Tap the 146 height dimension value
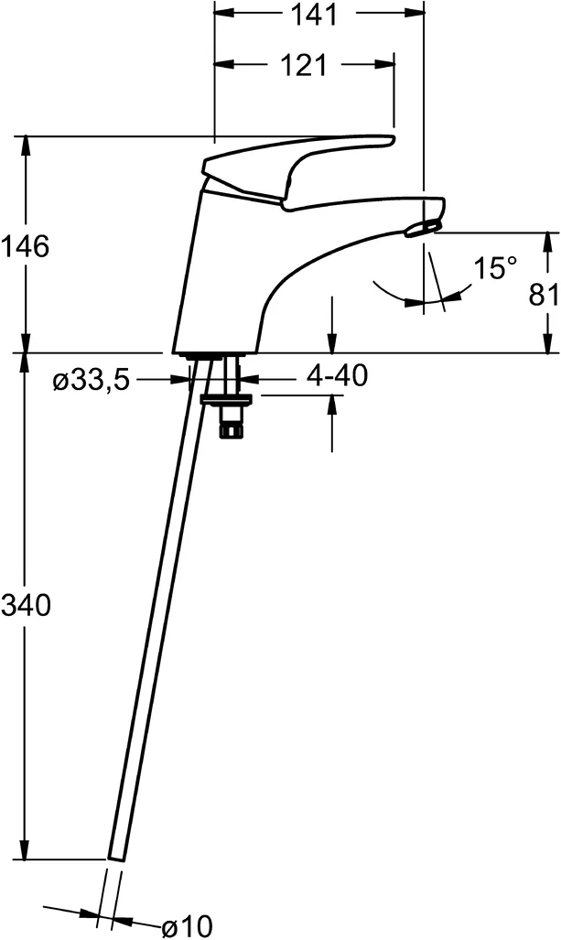[x=25, y=246]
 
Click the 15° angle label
[x=495, y=268]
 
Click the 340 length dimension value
[x=25, y=605]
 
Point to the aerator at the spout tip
[x=426, y=223]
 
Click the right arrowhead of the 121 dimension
[x=387, y=65]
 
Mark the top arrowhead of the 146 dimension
[x=26, y=144]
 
